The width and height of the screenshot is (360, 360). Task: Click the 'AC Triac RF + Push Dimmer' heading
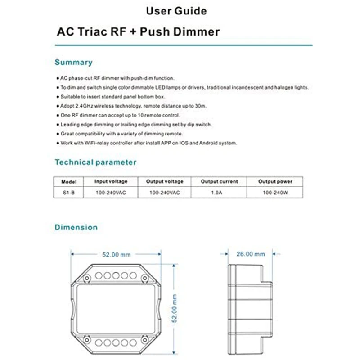click(138, 32)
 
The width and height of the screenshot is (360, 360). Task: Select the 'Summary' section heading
click(73, 62)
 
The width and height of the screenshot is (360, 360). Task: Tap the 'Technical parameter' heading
click(95, 162)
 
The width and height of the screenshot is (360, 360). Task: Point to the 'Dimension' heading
click(76, 228)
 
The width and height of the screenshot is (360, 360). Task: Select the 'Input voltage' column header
click(111, 181)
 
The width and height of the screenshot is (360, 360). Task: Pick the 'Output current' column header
click(219, 181)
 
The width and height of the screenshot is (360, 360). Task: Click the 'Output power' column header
click(275, 181)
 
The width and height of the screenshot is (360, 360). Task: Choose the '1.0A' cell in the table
click(219, 192)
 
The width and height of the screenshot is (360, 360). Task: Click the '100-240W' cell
click(275, 192)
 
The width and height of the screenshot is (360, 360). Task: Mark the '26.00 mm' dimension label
click(251, 254)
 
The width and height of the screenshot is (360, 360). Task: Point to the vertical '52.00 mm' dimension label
click(176, 308)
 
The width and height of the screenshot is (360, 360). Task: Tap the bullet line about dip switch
click(136, 125)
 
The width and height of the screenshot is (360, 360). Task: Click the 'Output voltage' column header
click(165, 181)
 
